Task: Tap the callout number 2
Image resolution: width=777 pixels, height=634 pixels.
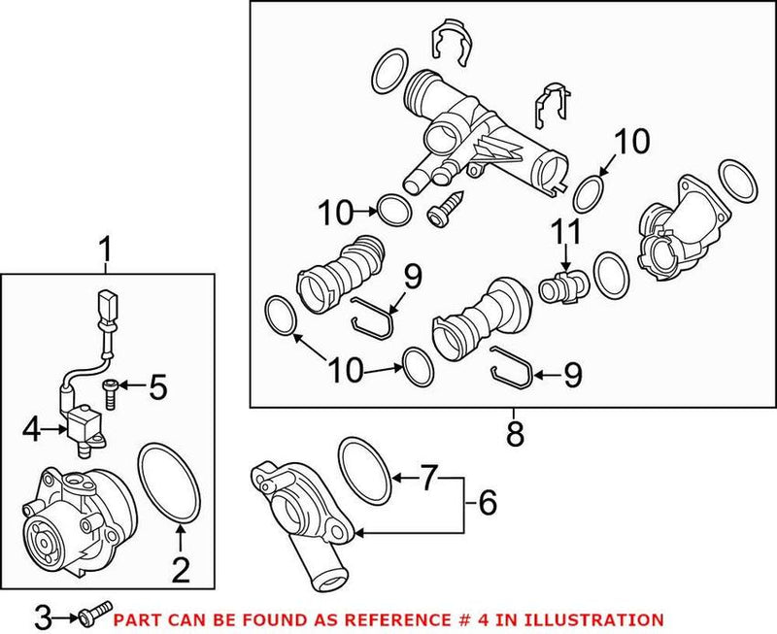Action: (180, 569)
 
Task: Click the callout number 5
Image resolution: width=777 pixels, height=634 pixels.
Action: (156, 388)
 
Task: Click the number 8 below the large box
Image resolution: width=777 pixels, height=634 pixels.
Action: (514, 433)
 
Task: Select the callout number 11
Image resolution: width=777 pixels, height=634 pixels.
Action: (565, 233)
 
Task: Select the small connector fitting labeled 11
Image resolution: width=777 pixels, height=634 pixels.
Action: (560, 287)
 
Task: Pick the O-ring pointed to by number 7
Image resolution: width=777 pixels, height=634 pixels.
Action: (364, 463)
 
